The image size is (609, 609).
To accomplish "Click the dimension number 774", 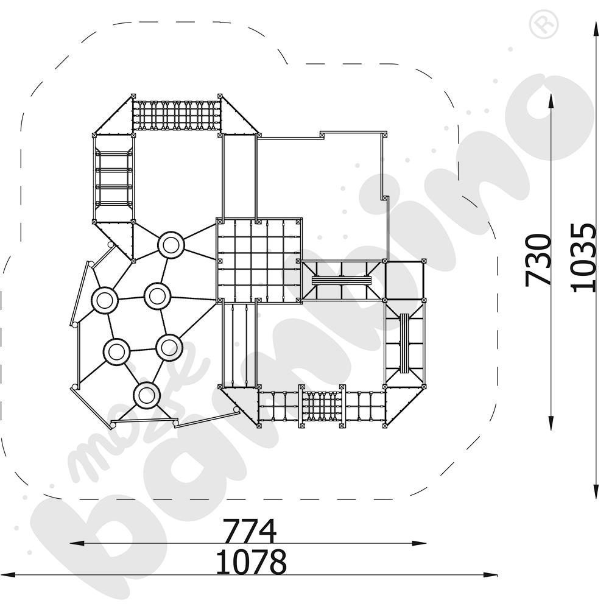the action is tap(250, 530).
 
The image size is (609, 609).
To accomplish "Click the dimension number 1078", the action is tap(252, 561).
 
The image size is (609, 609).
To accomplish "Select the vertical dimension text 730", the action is tap(538, 260).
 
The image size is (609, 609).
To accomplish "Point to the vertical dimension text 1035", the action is tap(583, 258).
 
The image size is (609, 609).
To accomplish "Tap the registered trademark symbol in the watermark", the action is tap(544, 24).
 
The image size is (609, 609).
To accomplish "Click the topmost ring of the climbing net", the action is tap(171, 245).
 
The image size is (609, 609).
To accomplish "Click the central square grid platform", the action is tap(259, 260).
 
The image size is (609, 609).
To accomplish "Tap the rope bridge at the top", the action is tap(177, 115).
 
